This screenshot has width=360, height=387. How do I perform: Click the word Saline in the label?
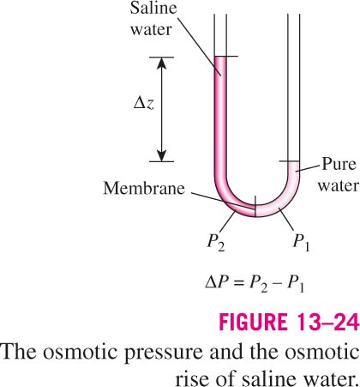click(x=153, y=8)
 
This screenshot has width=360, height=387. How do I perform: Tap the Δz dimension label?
click(x=144, y=105)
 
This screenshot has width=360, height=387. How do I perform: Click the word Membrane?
click(x=144, y=189)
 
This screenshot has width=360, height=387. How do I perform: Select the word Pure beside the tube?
click(x=339, y=165)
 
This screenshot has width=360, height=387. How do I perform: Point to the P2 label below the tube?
click(x=216, y=243)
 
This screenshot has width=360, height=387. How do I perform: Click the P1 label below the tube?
click(x=301, y=243)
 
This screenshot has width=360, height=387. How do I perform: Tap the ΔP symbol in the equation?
click(x=216, y=283)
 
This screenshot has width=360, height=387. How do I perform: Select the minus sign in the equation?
click(x=277, y=284)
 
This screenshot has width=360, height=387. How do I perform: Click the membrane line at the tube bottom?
click(x=255, y=207)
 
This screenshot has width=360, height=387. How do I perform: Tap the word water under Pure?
click(x=339, y=186)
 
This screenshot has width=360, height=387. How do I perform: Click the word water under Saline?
click(x=151, y=30)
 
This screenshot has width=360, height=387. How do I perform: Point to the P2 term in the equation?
click(x=258, y=284)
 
